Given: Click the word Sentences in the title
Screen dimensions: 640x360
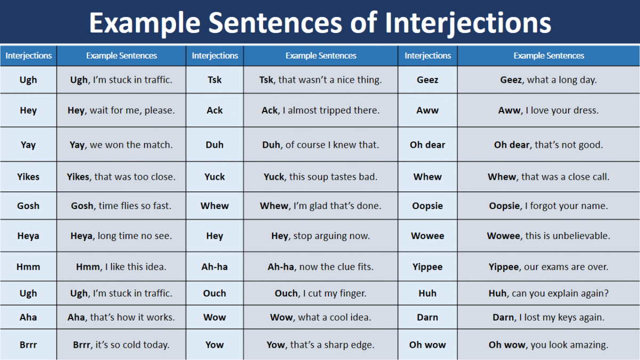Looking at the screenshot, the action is [x=275, y=23].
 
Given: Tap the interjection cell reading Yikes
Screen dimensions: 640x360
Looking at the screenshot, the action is [x=28, y=177].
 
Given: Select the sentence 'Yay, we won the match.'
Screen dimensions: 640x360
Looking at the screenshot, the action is [x=121, y=145].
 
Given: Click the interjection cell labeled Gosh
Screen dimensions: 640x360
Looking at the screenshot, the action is [x=28, y=206].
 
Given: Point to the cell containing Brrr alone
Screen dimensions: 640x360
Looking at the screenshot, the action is [x=28, y=345].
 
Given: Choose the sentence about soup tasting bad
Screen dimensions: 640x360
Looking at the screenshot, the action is [x=321, y=177].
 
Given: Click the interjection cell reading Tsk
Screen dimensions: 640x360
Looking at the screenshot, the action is [x=214, y=79].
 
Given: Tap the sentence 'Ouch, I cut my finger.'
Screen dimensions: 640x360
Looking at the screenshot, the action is [x=321, y=293].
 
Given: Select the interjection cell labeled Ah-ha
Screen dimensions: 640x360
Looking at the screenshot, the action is [x=214, y=267].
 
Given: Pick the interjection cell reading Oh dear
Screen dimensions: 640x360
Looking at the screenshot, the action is [x=427, y=145].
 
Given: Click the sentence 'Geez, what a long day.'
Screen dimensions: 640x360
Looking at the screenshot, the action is [x=549, y=80].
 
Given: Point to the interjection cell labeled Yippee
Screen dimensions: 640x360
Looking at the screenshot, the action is [x=427, y=267].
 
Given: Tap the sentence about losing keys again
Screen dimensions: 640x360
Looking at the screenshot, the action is [x=549, y=317].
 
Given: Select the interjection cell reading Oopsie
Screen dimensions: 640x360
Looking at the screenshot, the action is [x=427, y=206].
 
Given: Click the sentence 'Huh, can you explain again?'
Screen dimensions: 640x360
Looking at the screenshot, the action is [x=549, y=293].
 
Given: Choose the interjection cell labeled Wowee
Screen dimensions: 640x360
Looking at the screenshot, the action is [x=427, y=236].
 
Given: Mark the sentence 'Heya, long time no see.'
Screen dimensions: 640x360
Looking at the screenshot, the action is [x=121, y=236].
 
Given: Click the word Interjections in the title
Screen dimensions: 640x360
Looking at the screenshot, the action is [x=468, y=23].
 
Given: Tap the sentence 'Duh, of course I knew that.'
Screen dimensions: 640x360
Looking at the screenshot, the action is [x=321, y=145].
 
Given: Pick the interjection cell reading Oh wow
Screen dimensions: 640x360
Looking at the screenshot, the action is [x=427, y=345].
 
